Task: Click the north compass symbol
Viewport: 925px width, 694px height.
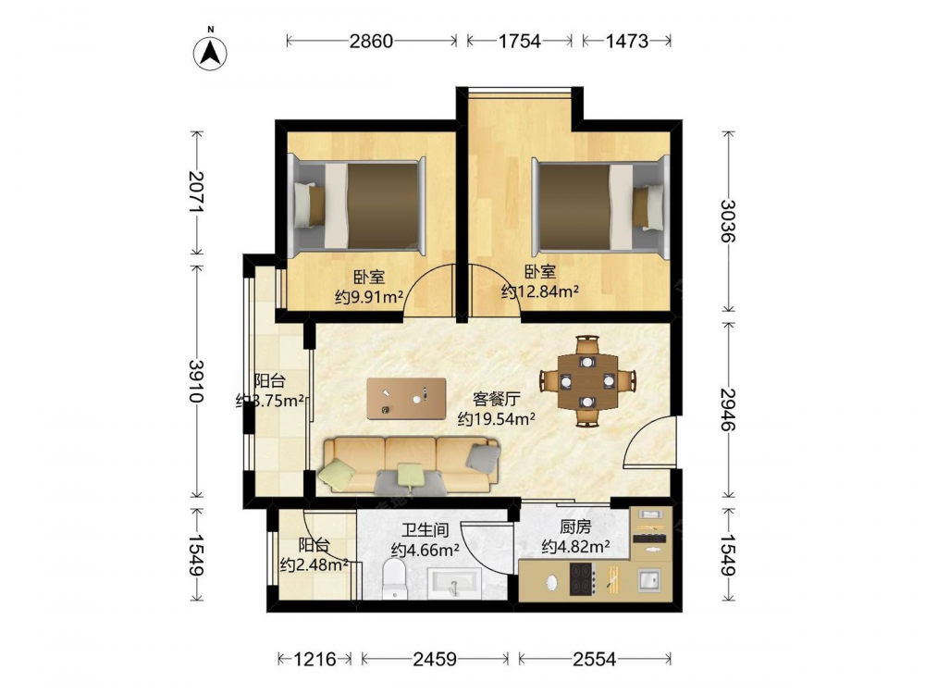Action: [x=210, y=53]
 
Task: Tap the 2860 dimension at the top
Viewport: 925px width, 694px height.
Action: [x=371, y=41]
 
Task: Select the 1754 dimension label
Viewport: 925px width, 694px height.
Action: [x=519, y=41]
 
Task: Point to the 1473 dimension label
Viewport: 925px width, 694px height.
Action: [x=626, y=41]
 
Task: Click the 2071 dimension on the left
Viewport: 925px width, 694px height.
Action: [x=196, y=192]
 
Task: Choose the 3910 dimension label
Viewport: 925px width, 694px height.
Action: [x=196, y=380]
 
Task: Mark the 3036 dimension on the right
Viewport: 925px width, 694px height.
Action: [x=729, y=221]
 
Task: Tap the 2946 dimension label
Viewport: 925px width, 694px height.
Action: [x=729, y=410]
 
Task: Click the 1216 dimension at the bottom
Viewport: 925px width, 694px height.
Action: [x=315, y=659]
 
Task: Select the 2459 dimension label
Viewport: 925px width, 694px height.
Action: [x=435, y=659]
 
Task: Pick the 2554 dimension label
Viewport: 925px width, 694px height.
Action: [x=594, y=659]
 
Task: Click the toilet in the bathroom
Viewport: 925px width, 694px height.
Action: [x=393, y=579]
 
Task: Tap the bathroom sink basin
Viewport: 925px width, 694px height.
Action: [x=453, y=583]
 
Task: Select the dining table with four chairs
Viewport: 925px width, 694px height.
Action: [x=587, y=380]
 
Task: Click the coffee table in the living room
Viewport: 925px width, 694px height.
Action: [x=406, y=398]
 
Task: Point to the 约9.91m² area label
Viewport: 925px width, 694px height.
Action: [x=369, y=297]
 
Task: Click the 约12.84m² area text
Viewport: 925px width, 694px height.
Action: [x=540, y=291]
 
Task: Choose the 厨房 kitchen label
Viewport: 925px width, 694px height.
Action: [x=575, y=527]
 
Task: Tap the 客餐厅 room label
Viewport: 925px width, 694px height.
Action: [x=496, y=400]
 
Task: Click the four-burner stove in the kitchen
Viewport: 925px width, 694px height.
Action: [x=581, y=579]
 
